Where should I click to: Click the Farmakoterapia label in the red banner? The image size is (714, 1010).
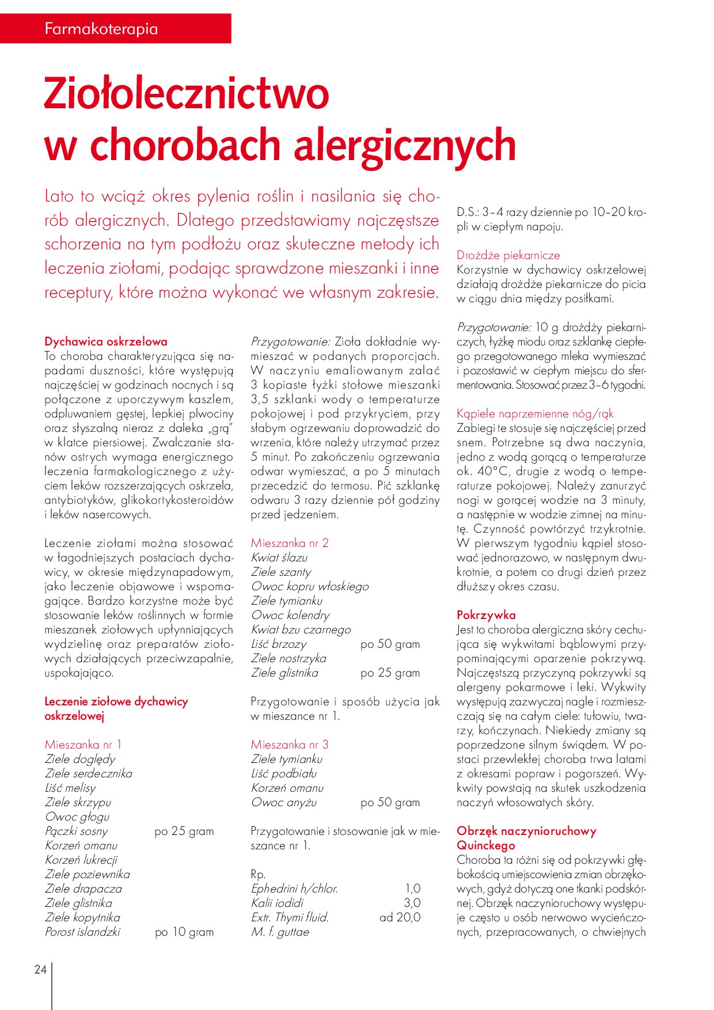pos(101,29)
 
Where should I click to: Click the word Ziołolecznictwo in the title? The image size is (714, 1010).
pos(187,93)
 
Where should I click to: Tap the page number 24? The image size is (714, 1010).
pos(40,969)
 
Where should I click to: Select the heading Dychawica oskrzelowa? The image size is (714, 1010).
pos(106,341)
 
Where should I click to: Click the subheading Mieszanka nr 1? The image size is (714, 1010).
pos(83,745)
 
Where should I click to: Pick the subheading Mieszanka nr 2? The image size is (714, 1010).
pos(290,543)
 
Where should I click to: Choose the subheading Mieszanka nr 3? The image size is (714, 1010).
pos(290,745)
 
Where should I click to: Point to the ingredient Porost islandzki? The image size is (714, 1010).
pos(82,932)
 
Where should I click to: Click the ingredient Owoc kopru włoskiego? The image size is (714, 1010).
pos(310,586)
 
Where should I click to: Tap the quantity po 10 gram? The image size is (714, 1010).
pos(184,932)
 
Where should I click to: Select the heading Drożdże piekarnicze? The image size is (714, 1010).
pos(508,255)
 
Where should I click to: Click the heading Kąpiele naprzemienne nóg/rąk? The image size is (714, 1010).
pos(535,413)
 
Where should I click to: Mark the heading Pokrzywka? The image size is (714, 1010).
pos(486,615)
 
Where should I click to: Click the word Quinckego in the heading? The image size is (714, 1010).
pos(486,845)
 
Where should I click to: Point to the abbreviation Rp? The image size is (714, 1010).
pos(258,874)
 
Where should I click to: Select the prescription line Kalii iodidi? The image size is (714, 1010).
pos(277,903)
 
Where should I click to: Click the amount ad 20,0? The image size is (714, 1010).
pos(400,917)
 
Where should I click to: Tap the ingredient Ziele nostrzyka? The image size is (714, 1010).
pos(288,658)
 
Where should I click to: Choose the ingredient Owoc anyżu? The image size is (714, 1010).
pos(284,802)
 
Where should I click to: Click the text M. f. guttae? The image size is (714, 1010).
pos(280,932)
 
